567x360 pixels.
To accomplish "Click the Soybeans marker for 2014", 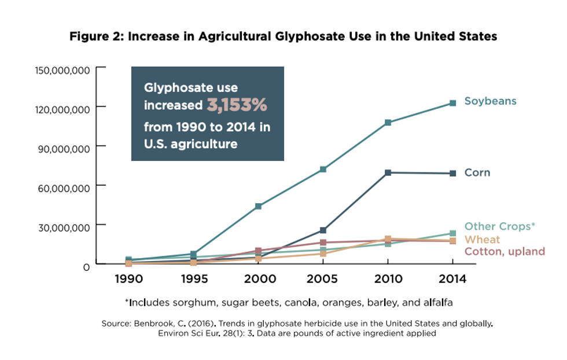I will (452, 103).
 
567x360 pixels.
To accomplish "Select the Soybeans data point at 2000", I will (258, 206).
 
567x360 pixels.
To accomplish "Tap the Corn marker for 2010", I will (388, 172).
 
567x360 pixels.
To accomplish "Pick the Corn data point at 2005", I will (323, 230).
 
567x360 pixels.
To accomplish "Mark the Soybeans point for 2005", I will (323, 169).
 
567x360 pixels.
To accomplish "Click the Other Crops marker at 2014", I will (452, 233).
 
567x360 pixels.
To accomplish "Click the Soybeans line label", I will (490, 101).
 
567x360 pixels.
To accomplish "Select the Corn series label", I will (477, 172).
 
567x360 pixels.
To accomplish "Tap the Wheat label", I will (482, 239).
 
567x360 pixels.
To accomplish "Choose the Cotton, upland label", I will (505, 251).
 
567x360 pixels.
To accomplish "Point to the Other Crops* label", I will (500, 226).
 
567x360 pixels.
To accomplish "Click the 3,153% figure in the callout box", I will (237, 105).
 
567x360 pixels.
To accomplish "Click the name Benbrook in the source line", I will (153, 323).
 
